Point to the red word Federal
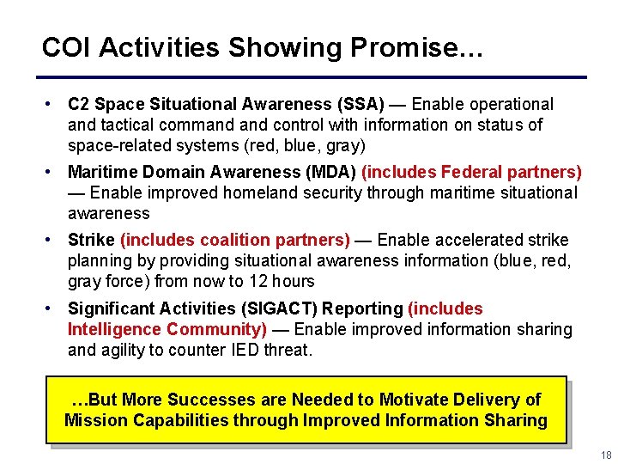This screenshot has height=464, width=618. coord(463,172)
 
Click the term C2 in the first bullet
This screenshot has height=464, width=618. coord(78,104)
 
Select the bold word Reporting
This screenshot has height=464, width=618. coord(362,308)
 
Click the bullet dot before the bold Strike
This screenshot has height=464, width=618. coord(51,239)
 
